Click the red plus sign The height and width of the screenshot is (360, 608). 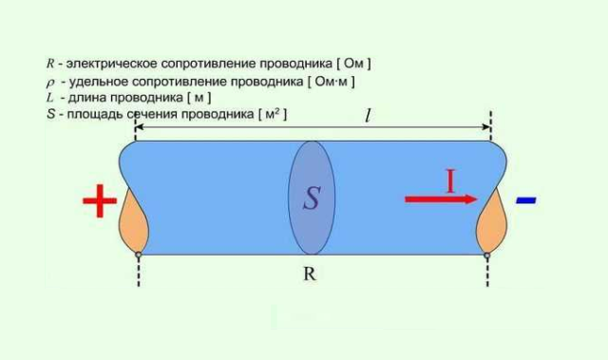pyautogui.click(x=99, y=200)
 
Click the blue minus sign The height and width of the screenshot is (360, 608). pyautogui.click(x=525, y=200)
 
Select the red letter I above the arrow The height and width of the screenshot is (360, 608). pyautogui.click(x=451, y=180)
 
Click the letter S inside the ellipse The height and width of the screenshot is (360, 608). pyautogui.click(x=312, y=199)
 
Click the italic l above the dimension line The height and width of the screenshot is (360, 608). pyautogui.click(x=369, y=116)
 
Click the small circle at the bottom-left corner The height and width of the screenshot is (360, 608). pyautogui.click(x=139, y=255)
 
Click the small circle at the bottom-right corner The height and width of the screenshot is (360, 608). pyautogui.click(x=488, y=255)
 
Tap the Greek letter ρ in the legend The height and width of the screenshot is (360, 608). pyautogui.click(x=50, y=82)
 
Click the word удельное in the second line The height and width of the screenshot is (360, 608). pyautogui.click(x=92, y=81)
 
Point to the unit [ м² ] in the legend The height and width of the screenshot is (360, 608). pyautogui.click(x=271, y=114)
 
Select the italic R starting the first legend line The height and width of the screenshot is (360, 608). pyautogui.click(x=49, y=63)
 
